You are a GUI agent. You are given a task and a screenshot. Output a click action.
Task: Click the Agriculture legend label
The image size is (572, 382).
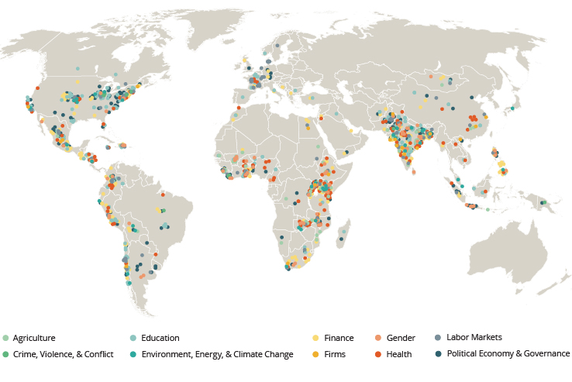[x=34, y=338]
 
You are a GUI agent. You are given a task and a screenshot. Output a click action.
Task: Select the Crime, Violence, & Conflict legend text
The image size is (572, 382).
[x=64, y=354]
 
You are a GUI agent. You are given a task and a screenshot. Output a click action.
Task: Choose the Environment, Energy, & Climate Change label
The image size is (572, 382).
[x=217, y=354]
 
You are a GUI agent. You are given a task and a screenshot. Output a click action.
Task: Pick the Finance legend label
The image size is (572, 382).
[x=339, y=338]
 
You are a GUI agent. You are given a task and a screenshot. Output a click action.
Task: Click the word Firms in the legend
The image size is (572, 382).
[x=335, y=354]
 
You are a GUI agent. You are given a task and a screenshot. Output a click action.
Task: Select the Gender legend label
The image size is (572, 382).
[x=401, y=338]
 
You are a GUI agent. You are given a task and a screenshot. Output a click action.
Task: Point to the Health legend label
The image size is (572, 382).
[x=399, y=354]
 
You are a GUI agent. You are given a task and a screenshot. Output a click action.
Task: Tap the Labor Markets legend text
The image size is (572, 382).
[x=474, y=337]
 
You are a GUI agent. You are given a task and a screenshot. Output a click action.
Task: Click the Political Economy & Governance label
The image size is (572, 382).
[x=508, y=353]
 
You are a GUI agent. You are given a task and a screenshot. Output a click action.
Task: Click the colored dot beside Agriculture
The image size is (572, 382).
[x=6, y=338]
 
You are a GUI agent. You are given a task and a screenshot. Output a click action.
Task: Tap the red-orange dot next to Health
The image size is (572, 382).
[x=378, y=354]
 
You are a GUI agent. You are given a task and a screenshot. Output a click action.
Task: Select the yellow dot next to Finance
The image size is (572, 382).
[x=316, y=338]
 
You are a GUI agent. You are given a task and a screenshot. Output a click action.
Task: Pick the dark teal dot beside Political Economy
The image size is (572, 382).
[x=439, y=353]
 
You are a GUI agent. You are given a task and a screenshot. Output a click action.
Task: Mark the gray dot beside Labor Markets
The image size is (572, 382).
[x=439, y=337]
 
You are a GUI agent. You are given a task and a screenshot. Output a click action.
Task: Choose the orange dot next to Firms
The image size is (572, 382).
[x=316, y=354]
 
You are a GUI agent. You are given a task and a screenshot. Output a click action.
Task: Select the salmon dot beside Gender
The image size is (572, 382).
[x=378, y=338]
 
